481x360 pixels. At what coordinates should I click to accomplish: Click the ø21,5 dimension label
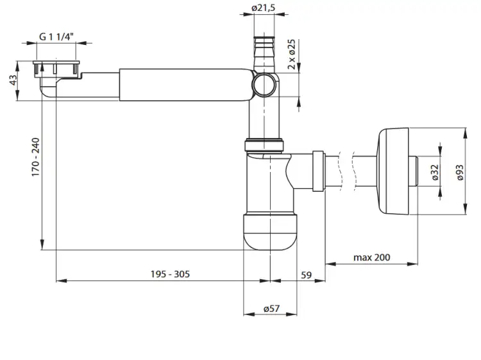[x=263, y=8]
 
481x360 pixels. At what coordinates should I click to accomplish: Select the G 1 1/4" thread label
[x=56, y=37]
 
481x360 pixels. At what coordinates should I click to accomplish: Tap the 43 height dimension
[x=13, y=80]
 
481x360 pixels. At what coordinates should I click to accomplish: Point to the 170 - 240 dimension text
[x=35, y=157]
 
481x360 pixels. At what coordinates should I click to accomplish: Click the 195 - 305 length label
[x=170, y=274]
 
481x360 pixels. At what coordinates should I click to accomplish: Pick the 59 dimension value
[x=306, y=275]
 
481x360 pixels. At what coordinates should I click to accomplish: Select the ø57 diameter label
[x=271, y=309]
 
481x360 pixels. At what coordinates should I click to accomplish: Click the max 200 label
[x=372, y=257]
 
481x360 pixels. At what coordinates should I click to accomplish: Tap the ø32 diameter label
[x=435, y=172]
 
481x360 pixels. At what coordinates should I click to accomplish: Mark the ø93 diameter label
[x=460, y=173]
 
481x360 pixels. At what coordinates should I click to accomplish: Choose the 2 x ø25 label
[x=291, y=54]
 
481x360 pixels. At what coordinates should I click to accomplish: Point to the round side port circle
[x=264, y=85]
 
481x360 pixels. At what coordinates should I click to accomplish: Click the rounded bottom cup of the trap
[x=270, y=232]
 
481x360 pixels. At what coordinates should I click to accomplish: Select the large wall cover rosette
[x=393, y=171]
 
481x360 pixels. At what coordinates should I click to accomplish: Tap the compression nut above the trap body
[x=264, y=146]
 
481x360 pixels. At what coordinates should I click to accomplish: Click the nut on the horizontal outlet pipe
[x=318, y=171]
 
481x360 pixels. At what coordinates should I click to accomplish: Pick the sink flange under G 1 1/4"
[x=56, y=67]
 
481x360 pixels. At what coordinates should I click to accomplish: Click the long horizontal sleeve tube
[x=187, y=85]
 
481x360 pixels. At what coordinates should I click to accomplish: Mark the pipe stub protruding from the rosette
[x=413, y=171]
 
